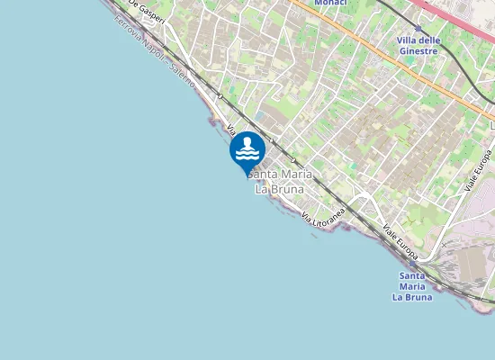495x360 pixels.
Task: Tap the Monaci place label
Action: [330, 3]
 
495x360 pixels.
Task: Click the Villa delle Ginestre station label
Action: [418, 46]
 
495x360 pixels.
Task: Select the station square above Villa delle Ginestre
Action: [418, 29]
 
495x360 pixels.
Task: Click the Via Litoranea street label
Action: [324, 214]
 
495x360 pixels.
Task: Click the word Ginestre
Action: [418, 51]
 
